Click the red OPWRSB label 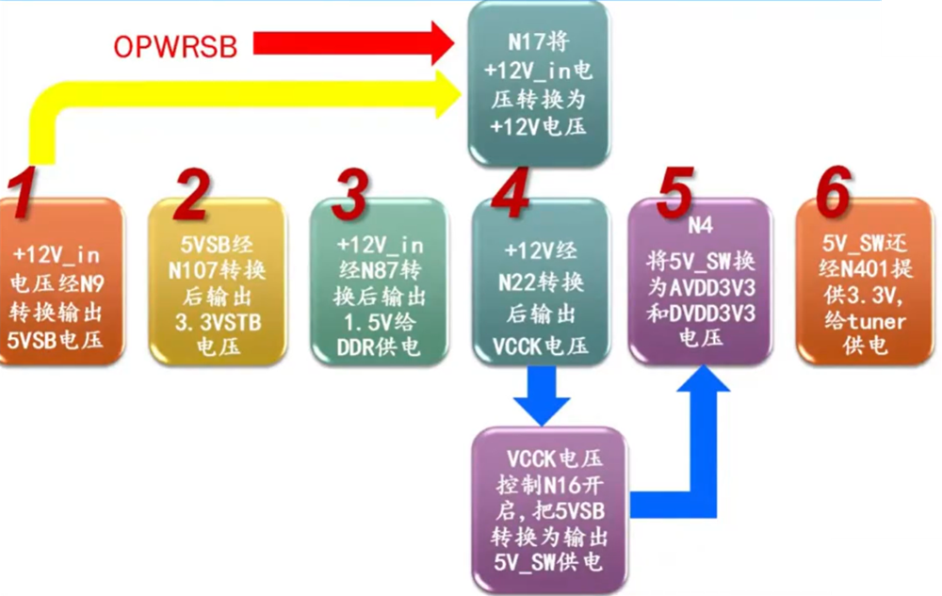(x=176, y=45)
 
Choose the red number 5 (x=677, y=194)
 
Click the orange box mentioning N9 (x=61, y=287)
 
